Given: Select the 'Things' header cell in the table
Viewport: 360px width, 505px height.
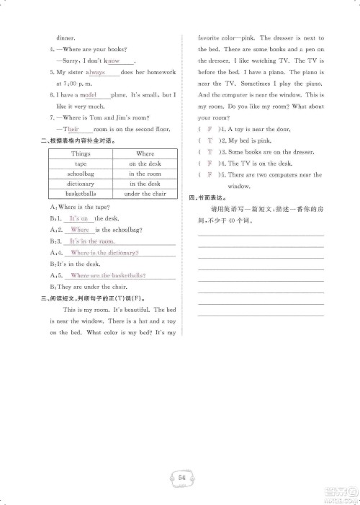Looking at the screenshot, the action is click(x=81, y=153).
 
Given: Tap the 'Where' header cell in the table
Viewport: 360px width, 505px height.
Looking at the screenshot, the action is click(x=145, y=153).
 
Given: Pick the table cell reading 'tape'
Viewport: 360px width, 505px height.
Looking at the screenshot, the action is click(x=81, y=164).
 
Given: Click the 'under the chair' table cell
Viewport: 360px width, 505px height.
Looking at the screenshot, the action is click(x=145, y=194).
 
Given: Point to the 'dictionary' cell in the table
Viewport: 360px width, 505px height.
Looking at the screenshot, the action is click(x=81, y=184).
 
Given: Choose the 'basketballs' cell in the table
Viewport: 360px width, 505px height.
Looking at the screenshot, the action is click(x=81, y=194).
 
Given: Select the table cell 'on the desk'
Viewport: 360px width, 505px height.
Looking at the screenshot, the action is click(x=145, y=164).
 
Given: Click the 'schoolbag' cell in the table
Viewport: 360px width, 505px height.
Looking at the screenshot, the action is click(x=81, y=174).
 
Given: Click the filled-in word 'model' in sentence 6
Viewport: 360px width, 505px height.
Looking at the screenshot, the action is click(x=89, y=95).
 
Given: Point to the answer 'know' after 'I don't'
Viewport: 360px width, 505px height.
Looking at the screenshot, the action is click(x=113, y=61).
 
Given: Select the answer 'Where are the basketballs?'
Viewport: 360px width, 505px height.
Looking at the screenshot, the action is click(x=108, y=276).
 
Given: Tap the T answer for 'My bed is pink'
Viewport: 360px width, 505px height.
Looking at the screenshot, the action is click(x=210, y=140).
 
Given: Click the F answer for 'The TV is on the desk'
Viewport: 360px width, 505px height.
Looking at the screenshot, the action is click(x=210, y=164).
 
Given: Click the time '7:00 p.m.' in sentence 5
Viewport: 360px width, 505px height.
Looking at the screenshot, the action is click(x=71, y=84).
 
